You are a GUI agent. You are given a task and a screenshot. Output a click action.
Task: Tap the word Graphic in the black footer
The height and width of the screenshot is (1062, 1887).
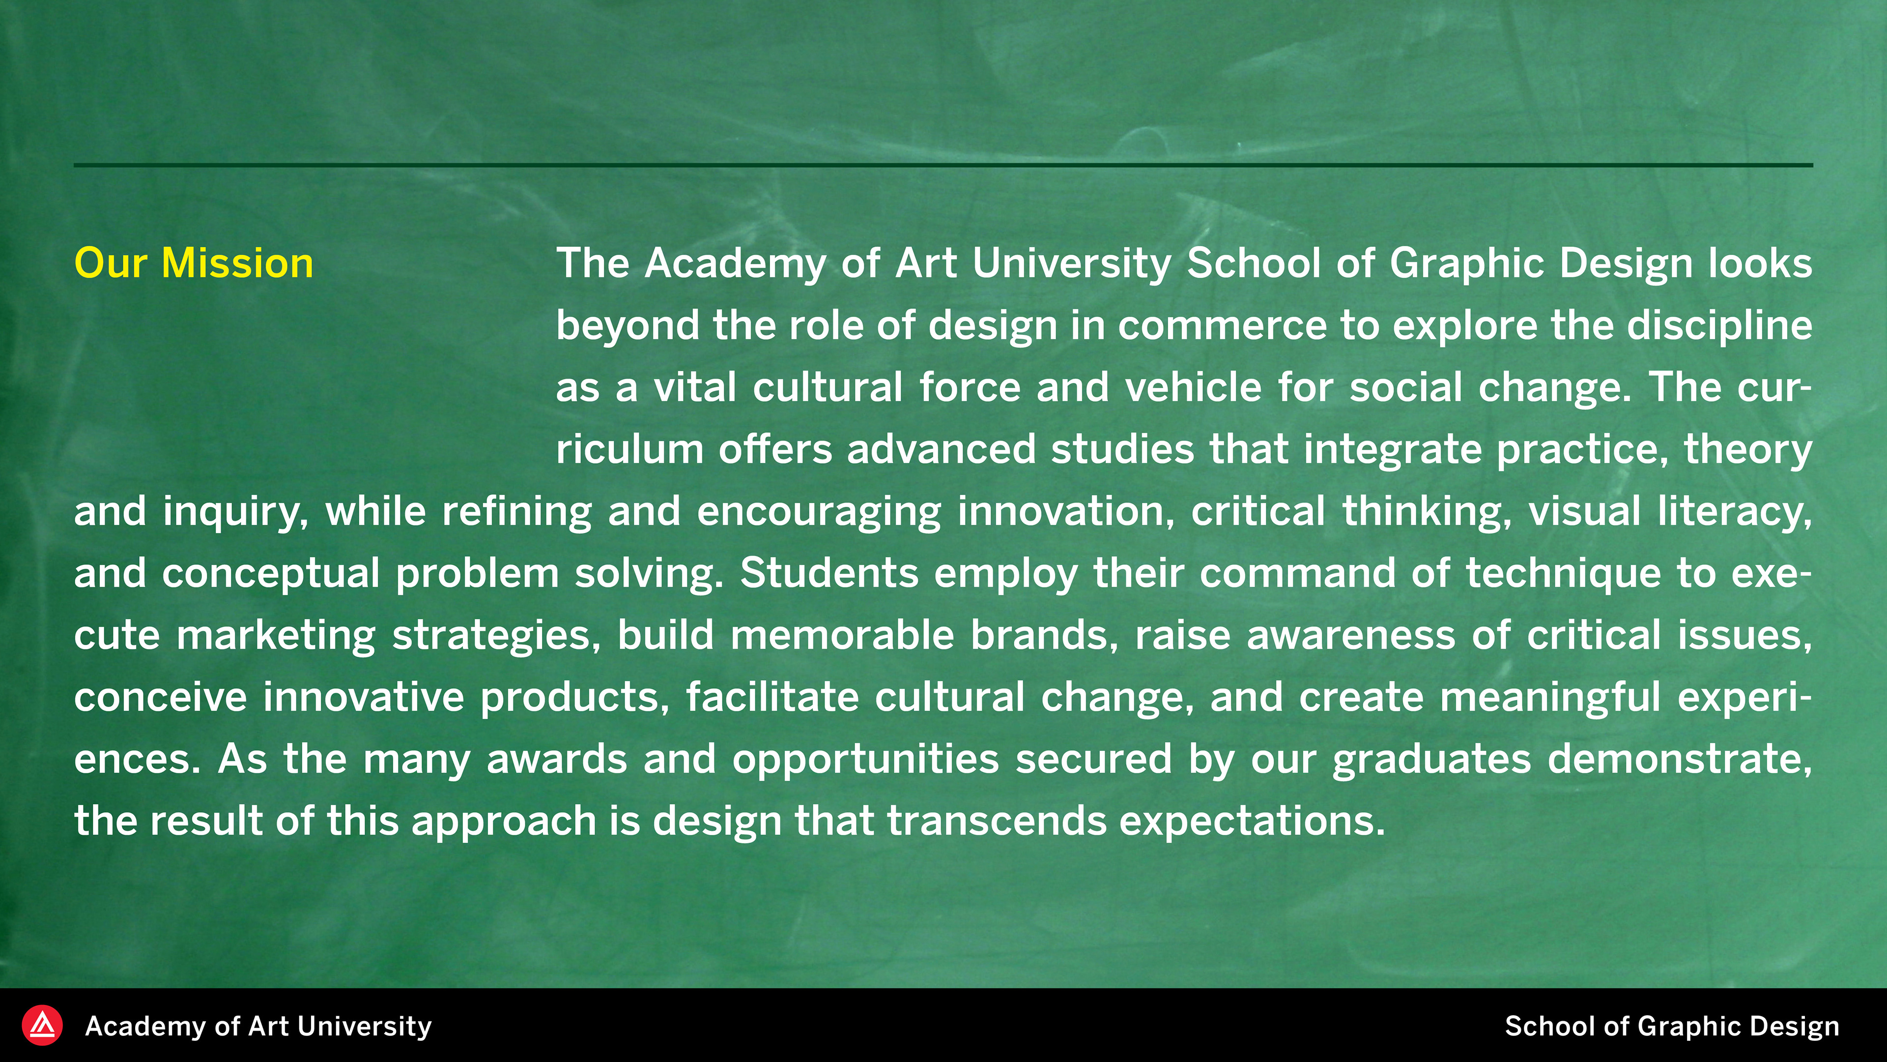1688,1027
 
